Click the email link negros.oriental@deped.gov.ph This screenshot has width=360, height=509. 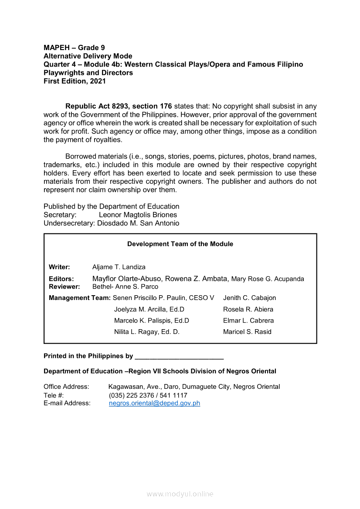point(154,403)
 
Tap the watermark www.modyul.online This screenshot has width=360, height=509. point(180,494)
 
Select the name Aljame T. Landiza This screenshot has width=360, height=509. point(119,267)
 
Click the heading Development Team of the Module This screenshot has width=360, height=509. point(180,244)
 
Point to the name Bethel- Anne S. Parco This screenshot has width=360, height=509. point(125,287)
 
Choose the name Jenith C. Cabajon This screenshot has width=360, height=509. point(249,298)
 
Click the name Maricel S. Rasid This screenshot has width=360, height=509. point(247,332)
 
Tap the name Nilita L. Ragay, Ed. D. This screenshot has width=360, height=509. point(147,332)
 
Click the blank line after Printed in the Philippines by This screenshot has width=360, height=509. point(179,356)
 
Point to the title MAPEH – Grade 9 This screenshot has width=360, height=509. point(74,47)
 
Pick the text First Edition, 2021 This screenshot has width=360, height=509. point(75,81)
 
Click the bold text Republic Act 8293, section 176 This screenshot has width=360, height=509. point(119,106)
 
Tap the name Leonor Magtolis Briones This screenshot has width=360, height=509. point(138,215)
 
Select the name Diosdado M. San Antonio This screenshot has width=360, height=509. point(138,223)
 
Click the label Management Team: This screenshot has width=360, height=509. point(80,298)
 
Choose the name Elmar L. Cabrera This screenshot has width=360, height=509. point(248,320)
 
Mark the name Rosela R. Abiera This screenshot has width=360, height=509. point(248,309)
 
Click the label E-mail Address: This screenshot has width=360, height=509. point(67,403)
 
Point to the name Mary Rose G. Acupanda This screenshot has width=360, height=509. point(268,279)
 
